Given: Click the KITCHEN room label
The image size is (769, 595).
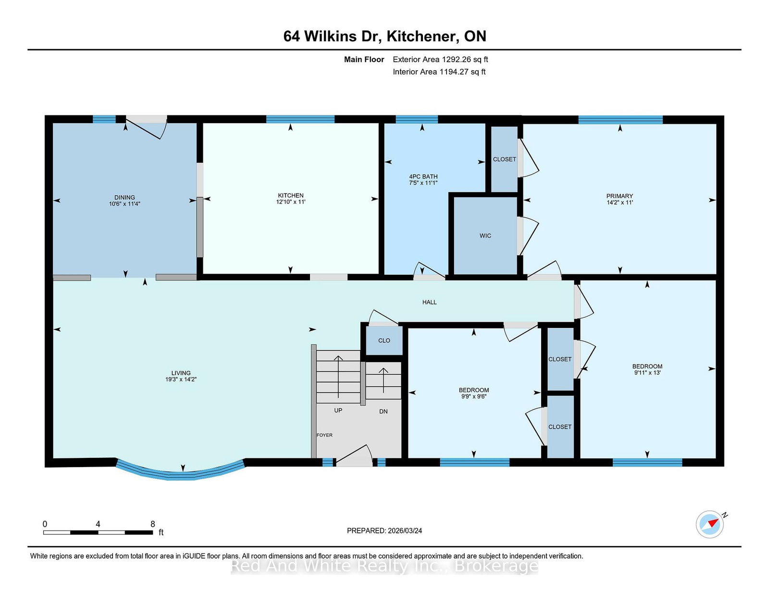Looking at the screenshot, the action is [291, 195].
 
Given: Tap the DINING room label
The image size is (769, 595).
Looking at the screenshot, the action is [124, 197].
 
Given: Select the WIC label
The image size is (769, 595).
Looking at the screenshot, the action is [485, 236].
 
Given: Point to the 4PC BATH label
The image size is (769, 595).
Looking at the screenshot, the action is [423, 177].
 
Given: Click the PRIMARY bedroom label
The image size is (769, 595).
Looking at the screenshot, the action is [620, 196].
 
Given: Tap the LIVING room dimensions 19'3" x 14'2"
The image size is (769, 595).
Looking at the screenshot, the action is [181, 380].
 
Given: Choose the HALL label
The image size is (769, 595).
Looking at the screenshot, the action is [429, 302].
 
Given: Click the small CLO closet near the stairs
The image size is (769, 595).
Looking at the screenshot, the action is [384, 341].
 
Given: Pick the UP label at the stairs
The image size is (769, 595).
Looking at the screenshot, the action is [338, 410].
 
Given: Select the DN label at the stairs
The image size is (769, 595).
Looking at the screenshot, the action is [383, 412].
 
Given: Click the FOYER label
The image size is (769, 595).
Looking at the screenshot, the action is [324, 435].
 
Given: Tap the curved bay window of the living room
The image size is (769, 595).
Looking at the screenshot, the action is [181, 472].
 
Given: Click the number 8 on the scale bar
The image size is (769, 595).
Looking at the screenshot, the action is [152, 524].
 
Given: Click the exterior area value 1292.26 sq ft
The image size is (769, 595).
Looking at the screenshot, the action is [465, 60].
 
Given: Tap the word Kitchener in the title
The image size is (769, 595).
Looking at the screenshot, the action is [421, 37].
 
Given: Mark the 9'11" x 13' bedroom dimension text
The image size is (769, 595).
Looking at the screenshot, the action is [647, 373].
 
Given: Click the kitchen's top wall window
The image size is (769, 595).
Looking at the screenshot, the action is [300, 119].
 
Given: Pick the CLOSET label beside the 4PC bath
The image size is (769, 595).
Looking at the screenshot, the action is [504, 159].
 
